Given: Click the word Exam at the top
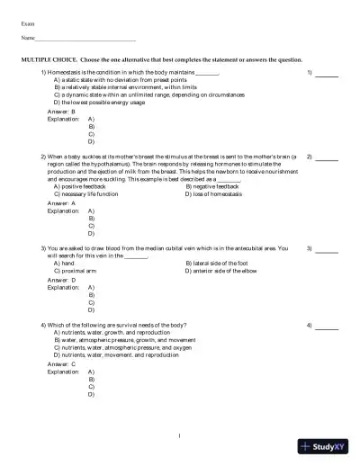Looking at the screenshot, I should [28, 19].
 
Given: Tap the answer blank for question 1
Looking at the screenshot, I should [327, 74].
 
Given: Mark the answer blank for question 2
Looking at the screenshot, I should [327, 159].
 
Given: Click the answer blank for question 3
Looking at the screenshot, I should [327, 251].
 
